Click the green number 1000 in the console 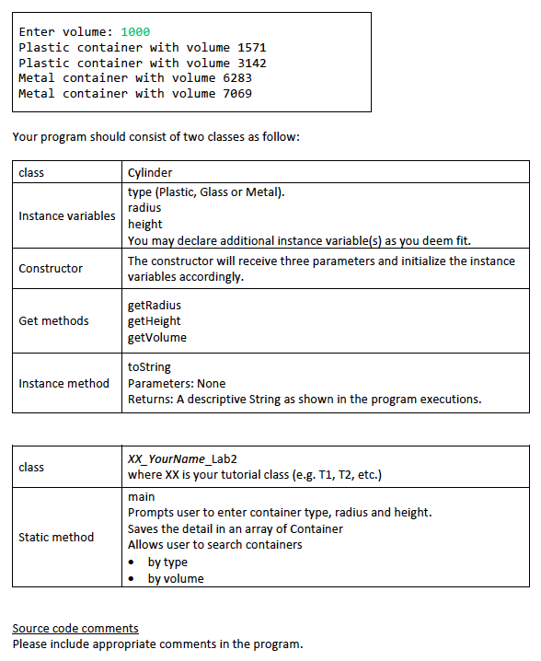pos(135,31)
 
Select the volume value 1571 pos(251,47)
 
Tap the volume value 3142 pos(251,63)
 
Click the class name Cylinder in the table pos(150,172)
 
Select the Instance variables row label pos(67,215)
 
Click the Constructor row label pos(51,268)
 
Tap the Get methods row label pos(53,320)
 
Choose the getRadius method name pos(155,304)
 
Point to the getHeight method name pos(155,320)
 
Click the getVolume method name pos(157,337)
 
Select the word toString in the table pos(149,366)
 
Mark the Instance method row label pos(63,383)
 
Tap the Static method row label pos(56,537)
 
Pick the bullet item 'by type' pos(167,562)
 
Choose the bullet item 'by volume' pos(176,578)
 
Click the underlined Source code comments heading pos(75,628)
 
